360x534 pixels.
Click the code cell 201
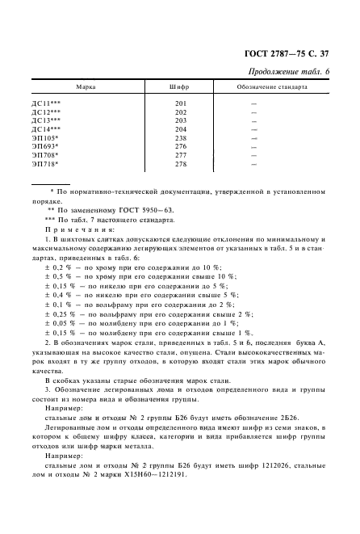coord(180,103)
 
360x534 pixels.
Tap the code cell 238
coord(180,137)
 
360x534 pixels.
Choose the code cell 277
coord(180,155)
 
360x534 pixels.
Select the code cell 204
coord(180,129)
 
